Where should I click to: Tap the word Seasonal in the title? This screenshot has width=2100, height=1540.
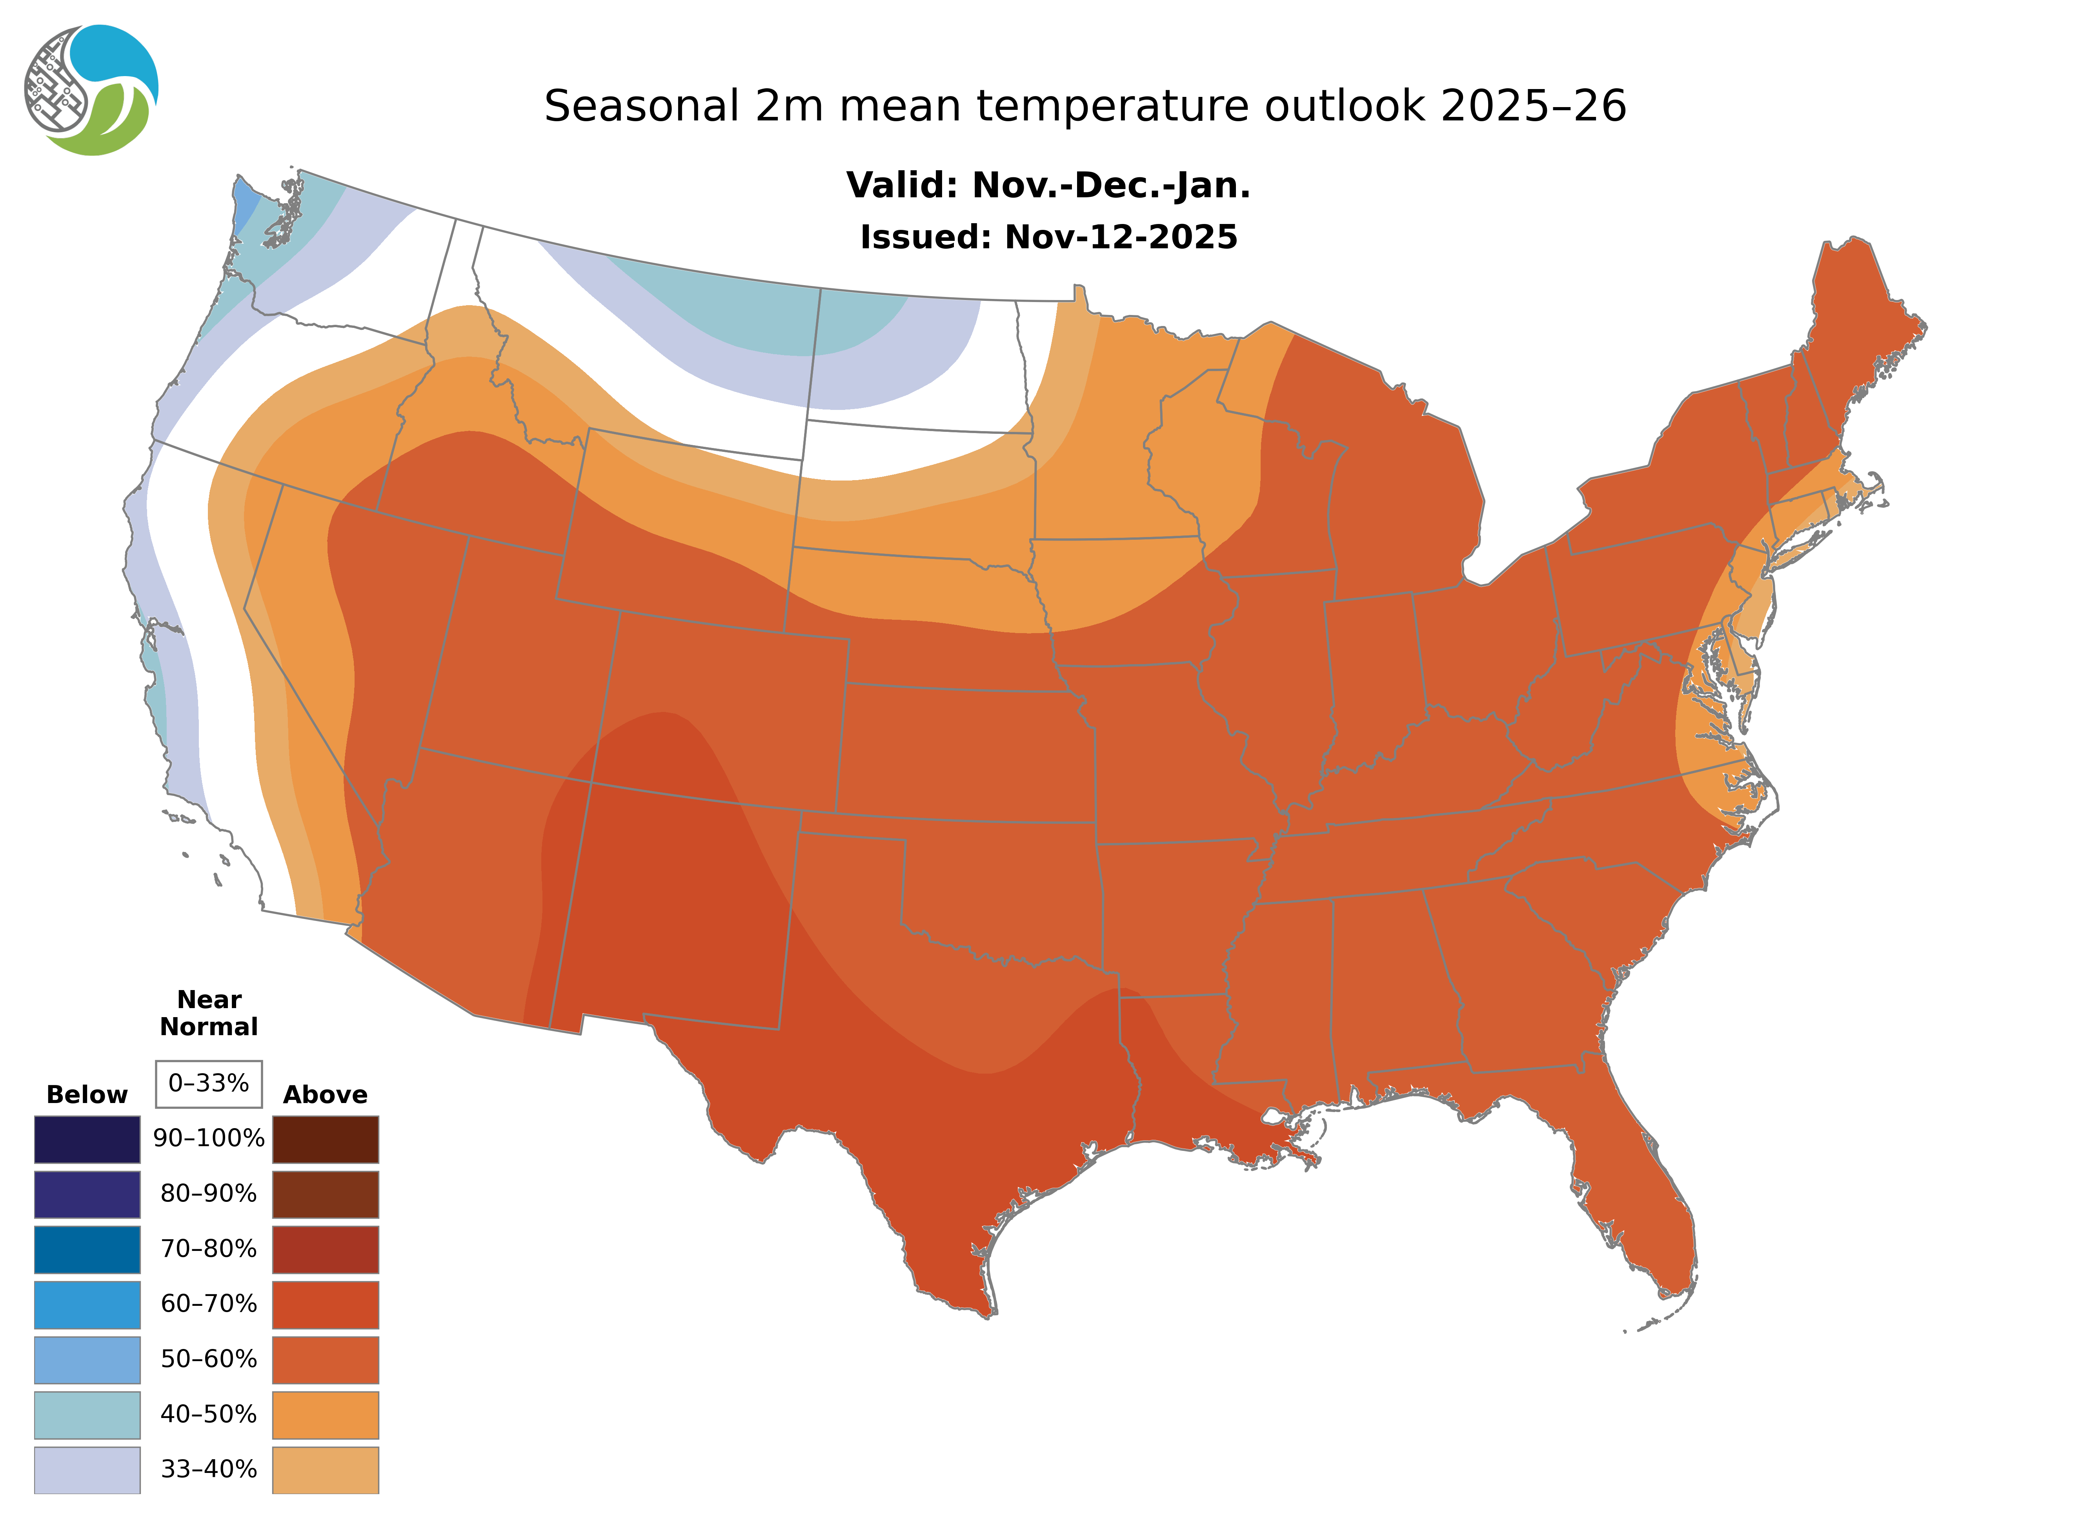tap(641, 106)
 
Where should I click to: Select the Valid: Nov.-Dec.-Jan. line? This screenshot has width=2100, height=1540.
tap(1048, 186)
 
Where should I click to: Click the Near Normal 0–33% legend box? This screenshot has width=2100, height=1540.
tap(209, 1083)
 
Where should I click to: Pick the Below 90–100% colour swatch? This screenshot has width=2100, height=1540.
tap(87, 1139)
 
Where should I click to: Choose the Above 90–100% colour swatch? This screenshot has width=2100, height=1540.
tap(325, 1139)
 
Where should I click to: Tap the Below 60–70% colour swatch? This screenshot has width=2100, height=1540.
tap(87, 1304)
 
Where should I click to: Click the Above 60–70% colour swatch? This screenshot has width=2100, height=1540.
tap(325, 1304)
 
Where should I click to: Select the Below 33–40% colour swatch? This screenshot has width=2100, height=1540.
tap(87, 1469)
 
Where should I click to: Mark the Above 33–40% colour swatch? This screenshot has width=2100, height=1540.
tap(325, 1469)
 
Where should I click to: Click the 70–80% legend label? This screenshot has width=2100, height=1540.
tap(209, 1248)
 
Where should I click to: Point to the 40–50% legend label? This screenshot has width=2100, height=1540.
tap(209, 1414)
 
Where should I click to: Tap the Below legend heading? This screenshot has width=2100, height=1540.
tap(87, 1094)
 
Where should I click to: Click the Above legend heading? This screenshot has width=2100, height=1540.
tap(325, 1094)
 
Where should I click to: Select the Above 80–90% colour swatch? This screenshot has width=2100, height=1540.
tap(325, 1194)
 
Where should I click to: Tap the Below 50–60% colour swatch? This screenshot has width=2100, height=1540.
tap(87, 1359)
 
